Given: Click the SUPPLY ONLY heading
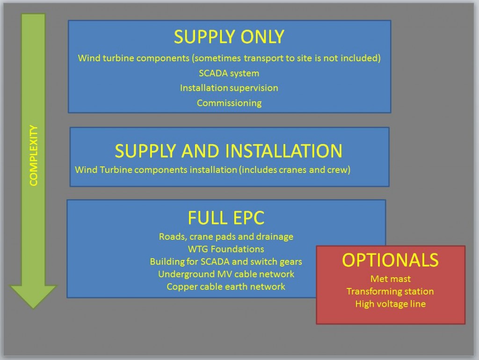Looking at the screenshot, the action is (x=229, y=37).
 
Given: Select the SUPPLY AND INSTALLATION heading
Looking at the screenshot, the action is (x=228, y=151).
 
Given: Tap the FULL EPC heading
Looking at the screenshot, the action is (x=226, y=218).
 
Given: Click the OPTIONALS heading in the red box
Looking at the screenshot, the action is (x=391, y=260).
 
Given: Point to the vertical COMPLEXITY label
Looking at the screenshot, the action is (x=33, y=155).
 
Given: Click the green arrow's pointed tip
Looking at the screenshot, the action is (x=33, y=309).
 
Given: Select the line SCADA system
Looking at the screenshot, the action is (x=229, y=73).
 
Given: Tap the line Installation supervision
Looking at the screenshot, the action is (x=229, y=88).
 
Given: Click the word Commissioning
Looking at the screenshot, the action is (x=229, y=103).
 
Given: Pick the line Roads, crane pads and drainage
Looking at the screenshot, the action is (x=226, y=237).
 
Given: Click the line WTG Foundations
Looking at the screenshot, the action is (x=226, y=249).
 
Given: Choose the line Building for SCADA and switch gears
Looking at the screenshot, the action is (x=226, y=262).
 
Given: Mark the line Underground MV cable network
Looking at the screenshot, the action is (x=226, y=274).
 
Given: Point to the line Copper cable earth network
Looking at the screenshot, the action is (x=226, y=287).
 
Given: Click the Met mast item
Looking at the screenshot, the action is (x=391, y=279).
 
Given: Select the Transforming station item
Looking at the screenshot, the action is (x=390, y=291).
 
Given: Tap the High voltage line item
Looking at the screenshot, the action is (x=391, y=304).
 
